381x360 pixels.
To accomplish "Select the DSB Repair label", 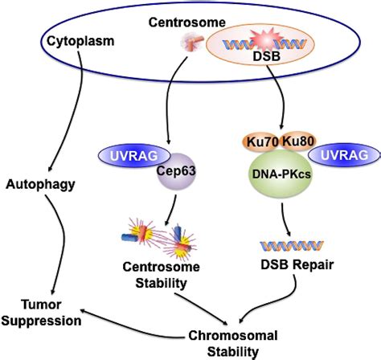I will tap(285, 264).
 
